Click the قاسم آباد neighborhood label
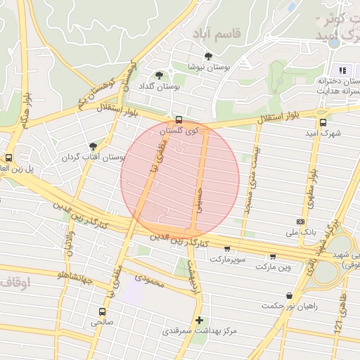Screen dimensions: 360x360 pyautogui.click(x=217, y=33)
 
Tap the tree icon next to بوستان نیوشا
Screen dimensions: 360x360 pyautogui.click(x=207, y=56)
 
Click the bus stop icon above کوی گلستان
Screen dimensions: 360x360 pyautogui.click(x=179, y=120)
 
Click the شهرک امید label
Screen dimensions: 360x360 pyautogui.click(x=323, y=132)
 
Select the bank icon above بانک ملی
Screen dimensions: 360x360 pyautogui.click(x=301, y=220)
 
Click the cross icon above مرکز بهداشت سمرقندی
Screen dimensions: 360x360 pyautogui.click(x=199, y=319)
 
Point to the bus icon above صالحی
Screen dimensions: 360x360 pyautogui.click(x=102, y=311)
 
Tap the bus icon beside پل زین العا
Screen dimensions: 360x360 pyautogui.click(x=8, y=157)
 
